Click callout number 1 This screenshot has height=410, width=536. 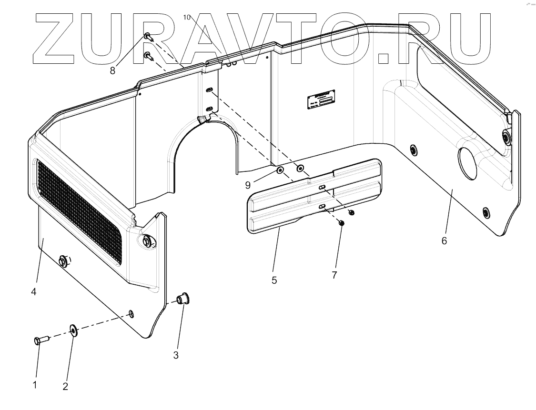click(35, 385)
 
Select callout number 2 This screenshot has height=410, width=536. click(65, 387)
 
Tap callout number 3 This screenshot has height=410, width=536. click(176, 355)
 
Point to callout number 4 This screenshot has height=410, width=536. click(34, 291)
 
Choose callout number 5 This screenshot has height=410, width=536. click(274, 280)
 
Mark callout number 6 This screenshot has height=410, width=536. click(444, 241)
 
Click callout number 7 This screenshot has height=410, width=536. click(334, 275)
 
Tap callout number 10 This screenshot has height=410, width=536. click(187, 17)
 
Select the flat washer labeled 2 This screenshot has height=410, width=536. click(73, 329)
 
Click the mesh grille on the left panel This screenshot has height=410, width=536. click(79, 210)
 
